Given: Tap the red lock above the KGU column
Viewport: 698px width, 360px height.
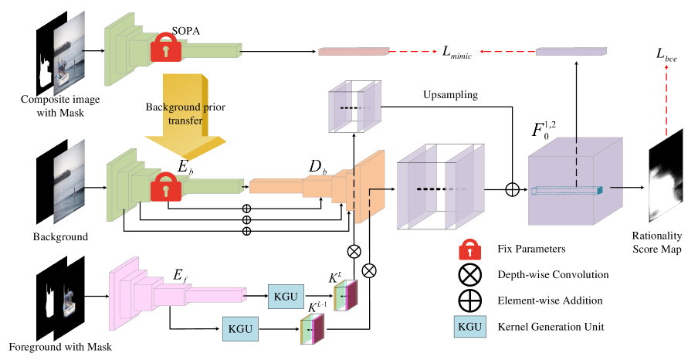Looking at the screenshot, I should (469, 250).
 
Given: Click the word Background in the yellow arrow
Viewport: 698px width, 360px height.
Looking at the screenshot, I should (165, 107).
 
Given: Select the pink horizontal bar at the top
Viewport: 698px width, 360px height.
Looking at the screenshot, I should (354, 52).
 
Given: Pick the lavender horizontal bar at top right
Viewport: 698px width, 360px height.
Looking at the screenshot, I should (571, 52).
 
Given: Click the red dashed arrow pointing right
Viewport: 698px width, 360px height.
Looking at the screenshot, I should (413, 52).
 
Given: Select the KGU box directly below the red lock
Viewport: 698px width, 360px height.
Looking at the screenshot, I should (469, 327).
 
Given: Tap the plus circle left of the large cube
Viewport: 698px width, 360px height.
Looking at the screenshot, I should (511, 189).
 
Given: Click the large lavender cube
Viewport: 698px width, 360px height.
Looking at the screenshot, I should (574, 182).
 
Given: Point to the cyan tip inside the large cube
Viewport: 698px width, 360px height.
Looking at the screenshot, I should (599, 190).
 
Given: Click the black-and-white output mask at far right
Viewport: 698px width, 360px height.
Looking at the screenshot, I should (666, 176).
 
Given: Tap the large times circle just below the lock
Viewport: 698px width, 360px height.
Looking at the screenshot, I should (469, 276).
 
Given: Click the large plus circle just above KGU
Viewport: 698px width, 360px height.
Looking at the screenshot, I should (469, 301).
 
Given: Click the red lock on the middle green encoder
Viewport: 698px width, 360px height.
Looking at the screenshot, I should (166, 187).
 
